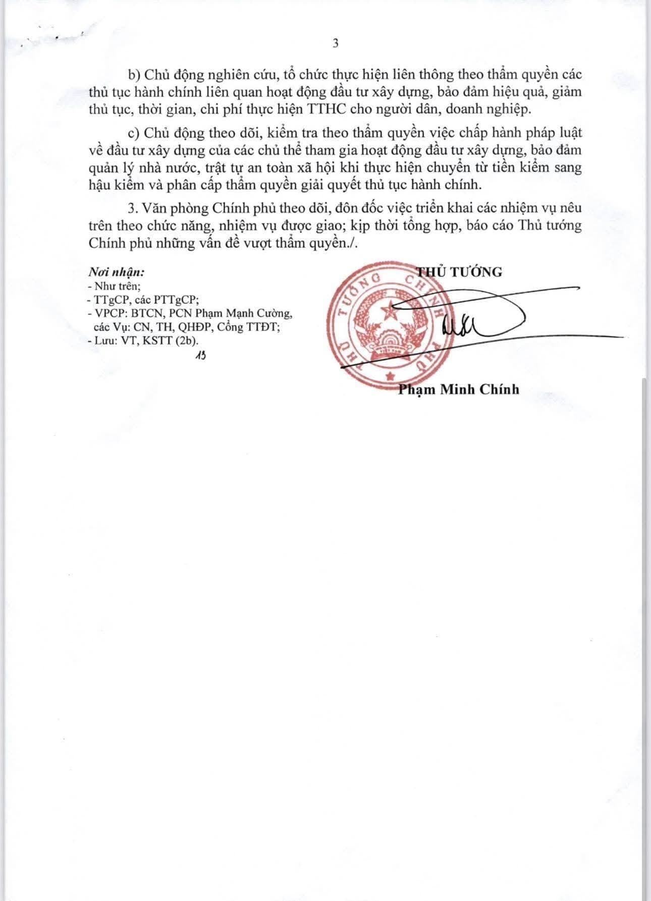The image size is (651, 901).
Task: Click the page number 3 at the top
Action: pos(336,43)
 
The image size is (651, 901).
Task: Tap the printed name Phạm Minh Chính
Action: pos(458,389)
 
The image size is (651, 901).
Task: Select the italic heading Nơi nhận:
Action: pos(117,272)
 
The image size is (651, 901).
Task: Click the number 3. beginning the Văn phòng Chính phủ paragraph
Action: pos(133,208)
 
